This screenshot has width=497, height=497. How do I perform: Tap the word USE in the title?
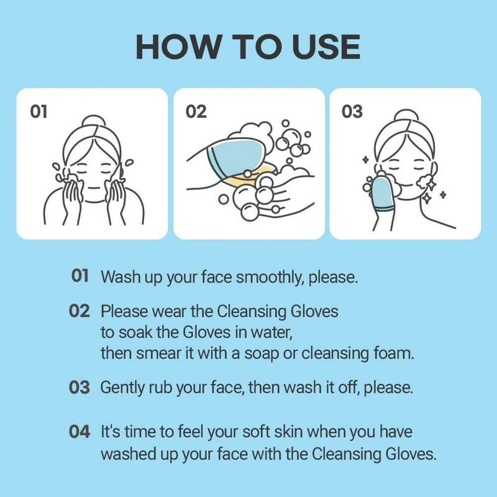(326, 47)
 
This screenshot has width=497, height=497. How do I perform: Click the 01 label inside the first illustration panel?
(39, 112)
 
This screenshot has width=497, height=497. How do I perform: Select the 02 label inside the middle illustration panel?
(196, 112)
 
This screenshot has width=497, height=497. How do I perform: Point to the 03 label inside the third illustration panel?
(352, 112)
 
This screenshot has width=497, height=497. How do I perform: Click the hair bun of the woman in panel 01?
(94, 121)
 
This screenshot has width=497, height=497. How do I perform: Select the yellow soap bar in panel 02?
(250, 176)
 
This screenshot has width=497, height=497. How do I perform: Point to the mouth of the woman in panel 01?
(94, 188)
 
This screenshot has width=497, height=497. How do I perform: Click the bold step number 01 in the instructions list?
(80, 275)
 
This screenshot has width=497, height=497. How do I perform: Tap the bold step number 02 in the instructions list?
(80, 311)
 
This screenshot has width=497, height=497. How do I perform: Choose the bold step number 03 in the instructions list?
(80, 387)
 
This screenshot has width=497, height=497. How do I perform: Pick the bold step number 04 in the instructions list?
(80, 432)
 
